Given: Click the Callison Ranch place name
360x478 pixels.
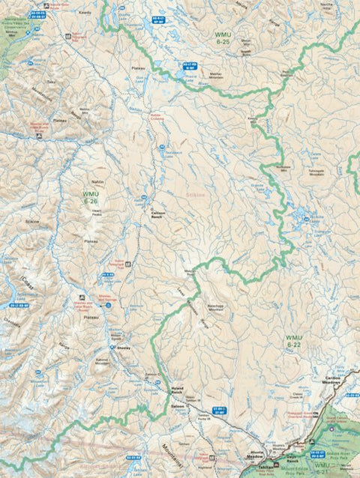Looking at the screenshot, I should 163,213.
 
